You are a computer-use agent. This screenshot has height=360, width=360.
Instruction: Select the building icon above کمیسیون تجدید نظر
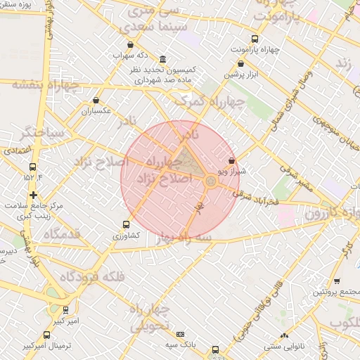click(163, 59)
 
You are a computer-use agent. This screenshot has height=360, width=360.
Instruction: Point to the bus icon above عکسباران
click(96, 100)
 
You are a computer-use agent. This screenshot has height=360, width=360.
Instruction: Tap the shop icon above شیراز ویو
click(231, 161)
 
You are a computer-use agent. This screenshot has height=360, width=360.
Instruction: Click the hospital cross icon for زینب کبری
click(32, 194)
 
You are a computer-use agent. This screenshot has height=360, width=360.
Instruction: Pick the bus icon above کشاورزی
click(126, 225)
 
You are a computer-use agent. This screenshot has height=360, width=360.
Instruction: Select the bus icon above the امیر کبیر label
click(65, 309)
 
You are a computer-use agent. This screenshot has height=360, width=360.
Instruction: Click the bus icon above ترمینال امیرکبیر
click(46, 335)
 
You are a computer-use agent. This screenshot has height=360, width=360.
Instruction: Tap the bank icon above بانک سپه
click(181, 334)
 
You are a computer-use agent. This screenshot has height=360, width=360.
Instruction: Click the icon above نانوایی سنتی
click(283, 336)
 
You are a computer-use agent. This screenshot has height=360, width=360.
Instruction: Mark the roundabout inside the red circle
click(210, 182)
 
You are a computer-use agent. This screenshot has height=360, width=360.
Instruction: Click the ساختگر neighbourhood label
click(44, 131)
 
